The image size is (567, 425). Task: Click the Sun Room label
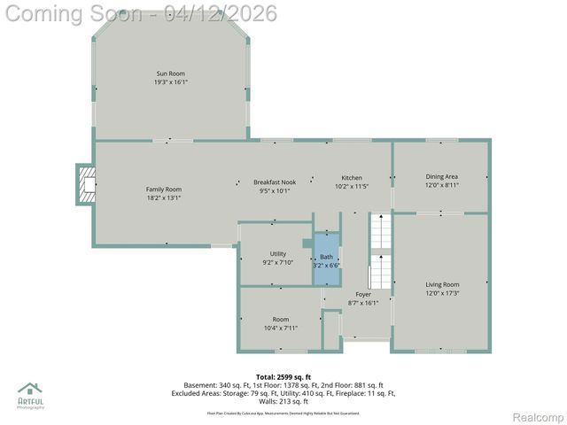coord(171,73)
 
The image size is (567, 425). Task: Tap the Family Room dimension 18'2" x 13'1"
coord(164,197)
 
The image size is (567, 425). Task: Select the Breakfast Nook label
coord(274,182)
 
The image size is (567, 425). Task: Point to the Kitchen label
coord(352,178)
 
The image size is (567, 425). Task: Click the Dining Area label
coord(441,177)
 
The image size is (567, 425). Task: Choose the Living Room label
coord(442,284)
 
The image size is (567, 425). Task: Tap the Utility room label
coord(277,254)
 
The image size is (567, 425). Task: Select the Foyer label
coord(363,294)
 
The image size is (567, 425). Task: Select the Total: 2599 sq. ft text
coord(283,377)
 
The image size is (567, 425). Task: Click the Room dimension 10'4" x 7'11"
coord(281,328)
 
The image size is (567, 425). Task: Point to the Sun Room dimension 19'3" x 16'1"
coord(171,82)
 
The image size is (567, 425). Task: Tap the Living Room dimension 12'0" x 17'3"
coord(442,293)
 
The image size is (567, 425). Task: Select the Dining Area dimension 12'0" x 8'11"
coord(441,186)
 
